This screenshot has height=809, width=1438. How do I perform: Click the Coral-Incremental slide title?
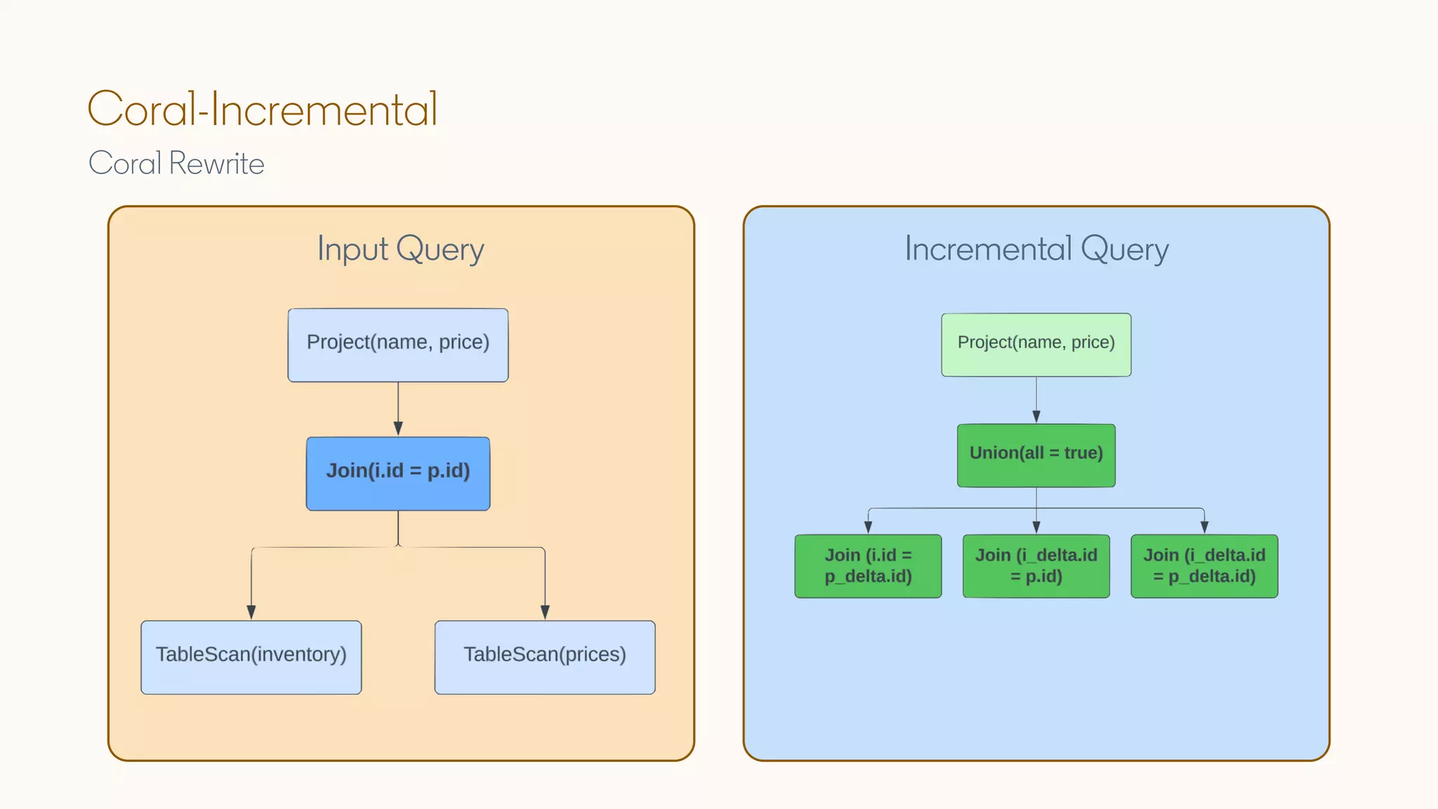263,110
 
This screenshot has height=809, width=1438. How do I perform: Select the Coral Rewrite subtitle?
176,164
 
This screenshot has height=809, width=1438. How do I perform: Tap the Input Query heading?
400,249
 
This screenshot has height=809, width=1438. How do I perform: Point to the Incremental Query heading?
1036,249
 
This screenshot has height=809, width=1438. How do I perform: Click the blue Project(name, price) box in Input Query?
398,345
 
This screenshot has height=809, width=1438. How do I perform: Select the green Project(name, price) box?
1036,344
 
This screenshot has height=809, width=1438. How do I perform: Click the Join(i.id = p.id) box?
398,473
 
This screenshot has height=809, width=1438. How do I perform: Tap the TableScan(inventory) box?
251,657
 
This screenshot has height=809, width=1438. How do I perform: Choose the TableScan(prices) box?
545,657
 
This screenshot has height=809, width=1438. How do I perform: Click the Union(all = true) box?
1036,455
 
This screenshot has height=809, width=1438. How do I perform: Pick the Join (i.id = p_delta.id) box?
868,566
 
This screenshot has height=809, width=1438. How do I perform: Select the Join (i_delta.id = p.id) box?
1036,566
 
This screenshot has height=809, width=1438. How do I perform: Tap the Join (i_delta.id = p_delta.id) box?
1204,566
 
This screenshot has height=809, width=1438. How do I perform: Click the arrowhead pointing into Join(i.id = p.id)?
398,428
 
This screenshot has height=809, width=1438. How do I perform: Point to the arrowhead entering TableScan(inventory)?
251,612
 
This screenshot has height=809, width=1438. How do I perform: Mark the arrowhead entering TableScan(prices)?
545,612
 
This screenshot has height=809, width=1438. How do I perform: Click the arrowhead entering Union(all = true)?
1036,416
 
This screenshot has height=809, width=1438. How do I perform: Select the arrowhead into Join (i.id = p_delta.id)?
869,527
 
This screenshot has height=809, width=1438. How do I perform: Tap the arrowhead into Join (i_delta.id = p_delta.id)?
1204,527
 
